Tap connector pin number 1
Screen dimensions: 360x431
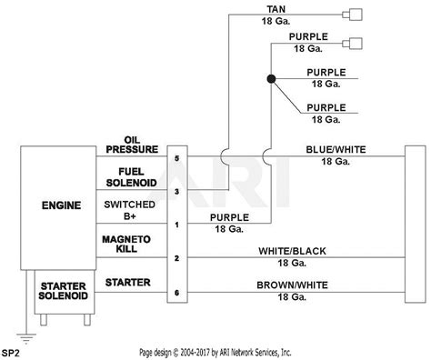[x=177, y=224]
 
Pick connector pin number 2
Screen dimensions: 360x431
[x=177, y=258]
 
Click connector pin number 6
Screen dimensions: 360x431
[x=177, y=293]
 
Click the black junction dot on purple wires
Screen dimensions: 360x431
[x=270, y=80]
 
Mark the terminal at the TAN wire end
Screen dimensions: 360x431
[x=355, y=14]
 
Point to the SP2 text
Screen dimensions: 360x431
[x=12, y=351]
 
